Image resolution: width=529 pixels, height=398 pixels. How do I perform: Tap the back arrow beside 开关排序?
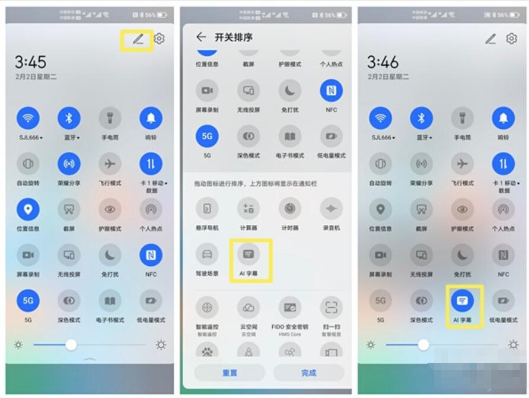coord(201,37)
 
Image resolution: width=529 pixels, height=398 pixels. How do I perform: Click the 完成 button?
coord(308,373)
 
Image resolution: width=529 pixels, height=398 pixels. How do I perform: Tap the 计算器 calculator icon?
coord(248,209)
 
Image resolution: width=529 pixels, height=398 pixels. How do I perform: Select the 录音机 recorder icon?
coord(331,209)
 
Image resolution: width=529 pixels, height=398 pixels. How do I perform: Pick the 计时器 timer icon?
coord(290,209)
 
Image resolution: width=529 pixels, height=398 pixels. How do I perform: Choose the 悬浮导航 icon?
coord(207,209)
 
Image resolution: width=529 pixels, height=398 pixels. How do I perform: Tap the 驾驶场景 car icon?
coord(207,254)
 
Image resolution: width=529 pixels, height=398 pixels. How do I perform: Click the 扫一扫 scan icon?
coord(331,308)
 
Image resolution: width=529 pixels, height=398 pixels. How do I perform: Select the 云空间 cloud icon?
coord(248,308)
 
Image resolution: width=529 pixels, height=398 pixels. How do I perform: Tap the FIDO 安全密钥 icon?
coord(290,308)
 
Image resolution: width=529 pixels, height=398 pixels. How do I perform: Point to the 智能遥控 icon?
coord(207,308)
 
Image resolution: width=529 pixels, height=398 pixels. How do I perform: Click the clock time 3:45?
coord(30,62)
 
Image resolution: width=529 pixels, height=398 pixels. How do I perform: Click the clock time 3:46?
coord(383,62)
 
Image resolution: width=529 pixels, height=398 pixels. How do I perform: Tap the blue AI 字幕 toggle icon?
coord(463,301)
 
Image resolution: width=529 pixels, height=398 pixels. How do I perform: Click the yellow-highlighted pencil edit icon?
coord(138,39)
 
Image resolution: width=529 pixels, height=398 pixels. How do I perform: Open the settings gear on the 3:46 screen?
coord(511,39)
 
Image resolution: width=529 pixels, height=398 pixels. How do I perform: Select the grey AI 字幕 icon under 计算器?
coord(248,254)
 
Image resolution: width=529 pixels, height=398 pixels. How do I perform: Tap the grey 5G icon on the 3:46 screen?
coord(380,301)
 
